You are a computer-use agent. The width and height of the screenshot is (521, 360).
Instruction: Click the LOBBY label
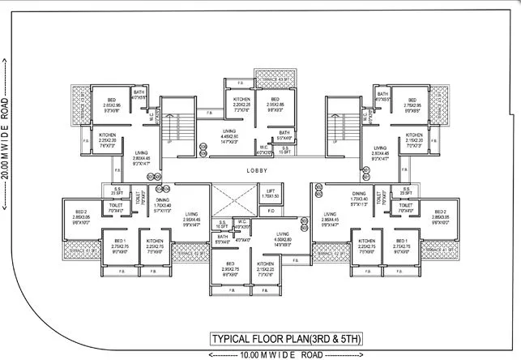point(258,172)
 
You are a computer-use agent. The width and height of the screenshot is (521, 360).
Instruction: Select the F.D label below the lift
point(271,211)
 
